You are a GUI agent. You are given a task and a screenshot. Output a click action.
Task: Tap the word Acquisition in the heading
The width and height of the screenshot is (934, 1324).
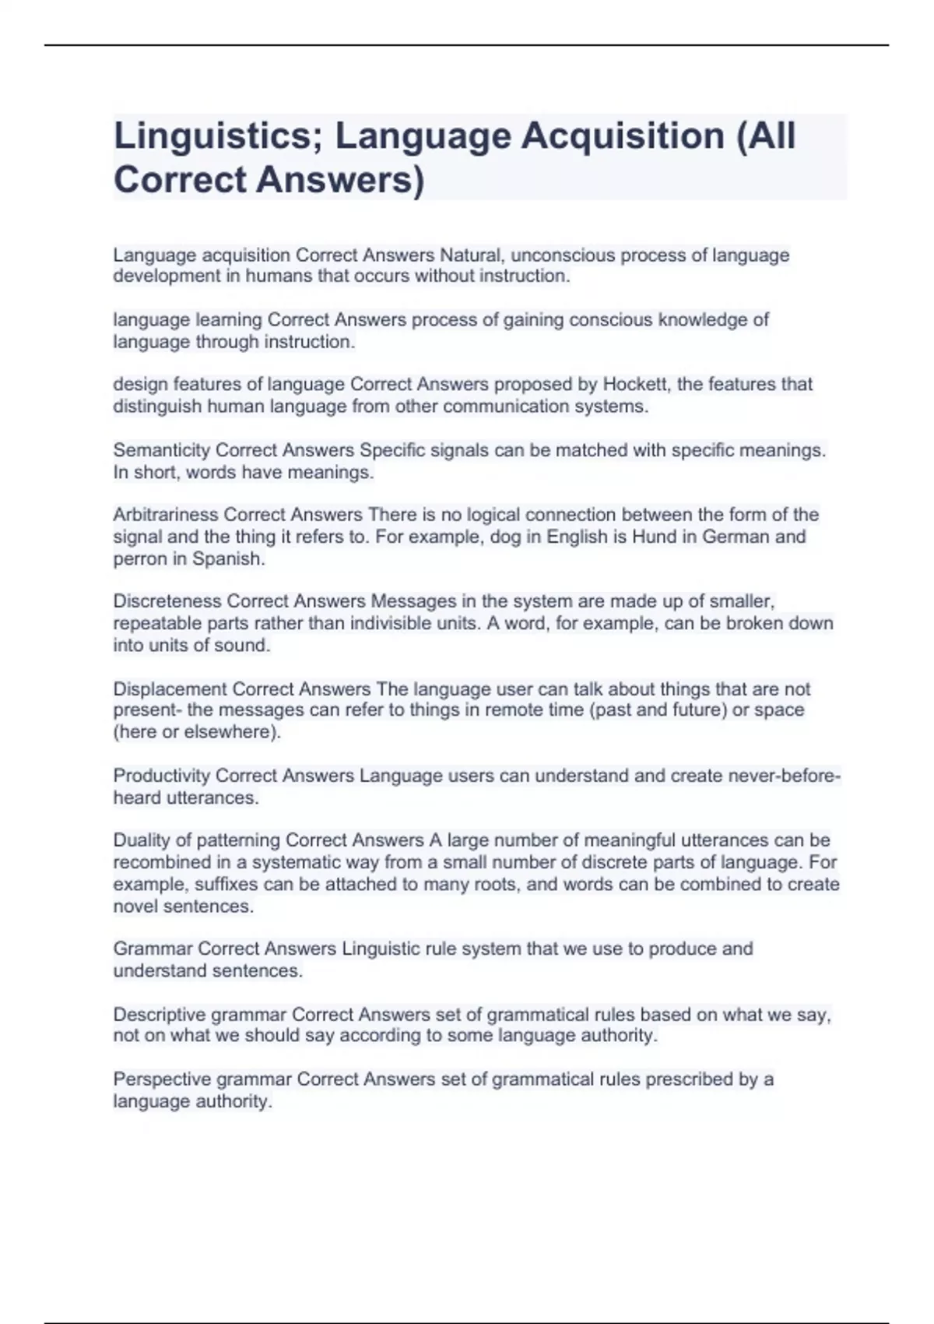(623, 136)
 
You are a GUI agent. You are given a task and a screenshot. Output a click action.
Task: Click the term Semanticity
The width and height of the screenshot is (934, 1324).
(162, 450)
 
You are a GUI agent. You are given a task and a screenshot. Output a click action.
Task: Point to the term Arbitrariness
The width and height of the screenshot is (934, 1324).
(166, 515)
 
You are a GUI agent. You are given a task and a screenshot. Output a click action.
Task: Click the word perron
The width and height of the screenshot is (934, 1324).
(138, 559)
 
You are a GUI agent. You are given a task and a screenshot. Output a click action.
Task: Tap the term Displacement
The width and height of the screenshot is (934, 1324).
(170, 689)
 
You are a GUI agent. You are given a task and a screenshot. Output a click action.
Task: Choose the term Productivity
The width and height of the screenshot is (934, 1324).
(161, 776)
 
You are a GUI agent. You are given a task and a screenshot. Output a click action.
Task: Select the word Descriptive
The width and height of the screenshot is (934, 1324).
(160, 1015)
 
